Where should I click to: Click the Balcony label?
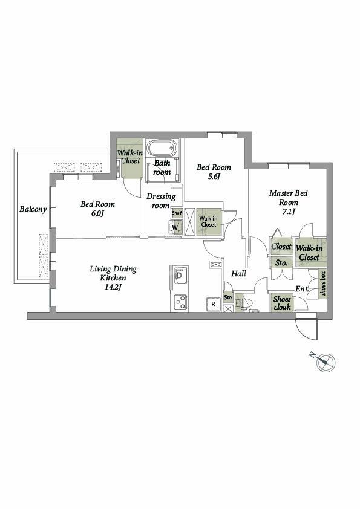tap(33, 209)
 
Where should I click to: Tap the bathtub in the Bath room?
tap(162, 148)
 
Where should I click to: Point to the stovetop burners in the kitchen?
tap(181, 302)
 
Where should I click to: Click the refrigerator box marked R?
tap(213, 304)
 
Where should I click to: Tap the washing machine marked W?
tap(175, 227)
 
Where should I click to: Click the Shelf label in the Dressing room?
tap(177, 213)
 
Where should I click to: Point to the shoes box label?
tap(322, 283)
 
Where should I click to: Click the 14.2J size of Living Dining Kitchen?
tap(113, 287)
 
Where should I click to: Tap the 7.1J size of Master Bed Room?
tap(289, 212)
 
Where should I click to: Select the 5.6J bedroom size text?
tap(214, 177)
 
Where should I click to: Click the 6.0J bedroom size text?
tap(97, 213)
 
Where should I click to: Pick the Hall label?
tap(238, 274)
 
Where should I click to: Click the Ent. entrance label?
tap(302, 288)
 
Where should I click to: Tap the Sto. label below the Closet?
tap(281, 263)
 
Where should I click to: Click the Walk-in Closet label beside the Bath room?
tap(130, 157)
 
